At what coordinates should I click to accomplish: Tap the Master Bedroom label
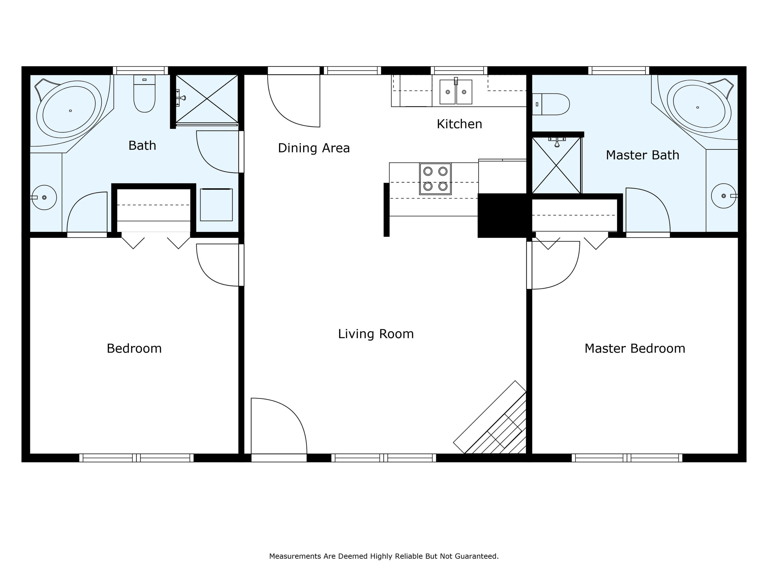tap(635, 349)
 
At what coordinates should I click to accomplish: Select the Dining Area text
tap(314, 148)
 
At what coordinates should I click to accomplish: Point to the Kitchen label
tap(459, 124)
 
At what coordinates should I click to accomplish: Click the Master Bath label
tap(642, 155)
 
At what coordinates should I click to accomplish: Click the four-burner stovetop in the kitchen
tap(435, 179)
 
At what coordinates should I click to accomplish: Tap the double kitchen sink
tap(456, 92)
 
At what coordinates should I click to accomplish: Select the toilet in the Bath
tap(144, 93)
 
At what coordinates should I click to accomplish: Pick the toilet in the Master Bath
tap(551, 104)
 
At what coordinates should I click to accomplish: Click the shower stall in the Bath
tap(207, 99)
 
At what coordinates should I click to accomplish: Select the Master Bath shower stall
tap(556, 165)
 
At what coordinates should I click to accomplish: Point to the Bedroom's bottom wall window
tap(136, 458)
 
